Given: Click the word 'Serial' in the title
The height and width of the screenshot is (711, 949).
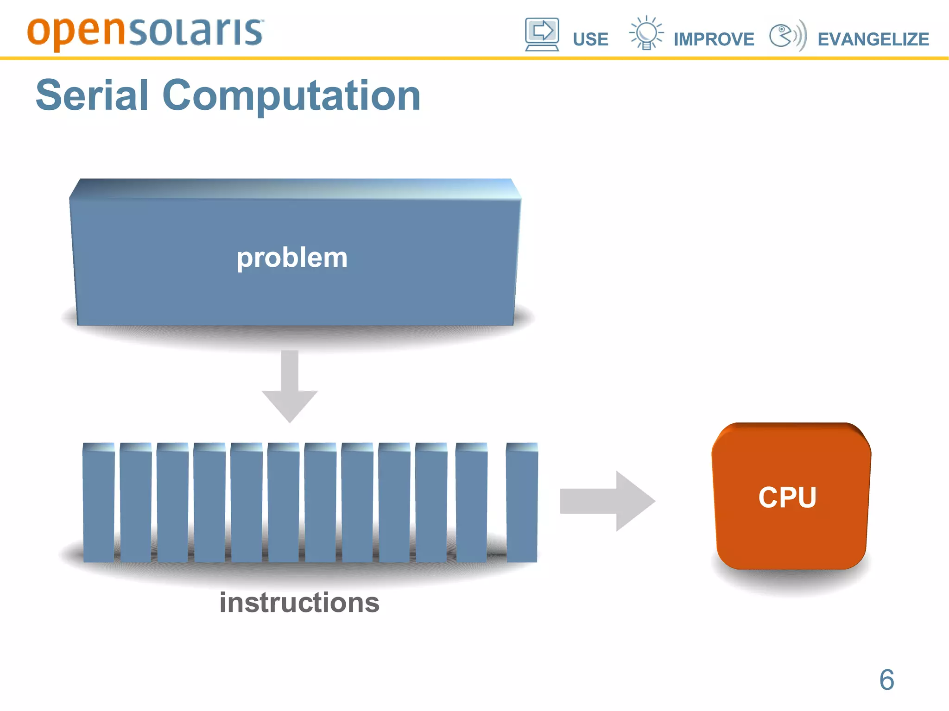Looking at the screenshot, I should click(x=92, y=95).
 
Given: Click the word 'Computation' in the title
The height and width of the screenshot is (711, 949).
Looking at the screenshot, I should click(x=291, y=95).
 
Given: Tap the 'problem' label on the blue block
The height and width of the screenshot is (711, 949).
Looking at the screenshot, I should click(x=292, y=258).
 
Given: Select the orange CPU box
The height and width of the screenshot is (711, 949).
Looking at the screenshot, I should click(x=791, y=497).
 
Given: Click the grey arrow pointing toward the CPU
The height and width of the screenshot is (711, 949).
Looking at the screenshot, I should click(x=607, y=501).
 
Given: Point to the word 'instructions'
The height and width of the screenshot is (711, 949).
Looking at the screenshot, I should click(x=299, y=602).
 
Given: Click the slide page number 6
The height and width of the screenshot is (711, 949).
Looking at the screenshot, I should click(x=886, y=680).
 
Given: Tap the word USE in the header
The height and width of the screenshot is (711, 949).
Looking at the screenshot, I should click(x=590, y=39).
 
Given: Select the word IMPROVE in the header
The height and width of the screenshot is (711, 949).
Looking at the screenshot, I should click(x=714, y=39).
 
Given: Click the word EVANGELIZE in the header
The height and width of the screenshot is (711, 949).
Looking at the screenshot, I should click(x=873, y=39).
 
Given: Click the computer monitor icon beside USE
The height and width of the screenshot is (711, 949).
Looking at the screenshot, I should click(x=542, y=34).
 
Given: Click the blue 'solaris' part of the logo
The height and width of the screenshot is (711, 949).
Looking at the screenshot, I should click(x=195, y=32).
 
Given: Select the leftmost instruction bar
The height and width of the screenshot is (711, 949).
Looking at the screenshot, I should click(x=99, y=503).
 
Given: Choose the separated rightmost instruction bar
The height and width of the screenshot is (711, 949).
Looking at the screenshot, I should click(x=522, y=503).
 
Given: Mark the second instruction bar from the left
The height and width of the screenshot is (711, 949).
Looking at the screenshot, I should click(x=136, y=503).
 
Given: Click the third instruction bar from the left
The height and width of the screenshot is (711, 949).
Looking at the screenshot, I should click(x=172, y=503).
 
